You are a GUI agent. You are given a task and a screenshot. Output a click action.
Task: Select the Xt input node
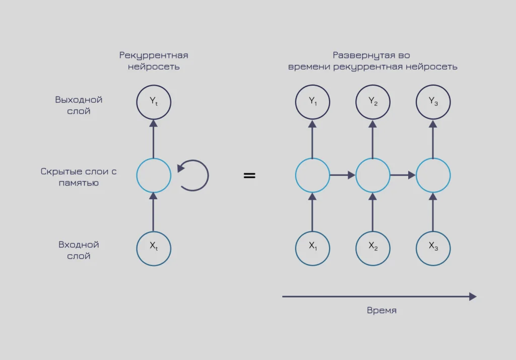coord(154,248)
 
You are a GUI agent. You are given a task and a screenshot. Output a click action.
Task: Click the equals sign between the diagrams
coord(249,175)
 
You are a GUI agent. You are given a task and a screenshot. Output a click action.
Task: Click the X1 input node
coord(312,248)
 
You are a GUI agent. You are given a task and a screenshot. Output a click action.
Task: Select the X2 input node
coord(373,248)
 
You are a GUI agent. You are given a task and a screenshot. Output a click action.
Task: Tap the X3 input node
coord(433,248)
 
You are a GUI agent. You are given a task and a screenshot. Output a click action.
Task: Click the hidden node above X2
coord(373,175)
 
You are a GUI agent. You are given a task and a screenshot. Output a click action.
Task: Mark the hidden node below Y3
coord(433,175)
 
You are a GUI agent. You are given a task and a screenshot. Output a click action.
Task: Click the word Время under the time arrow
coord(381,311)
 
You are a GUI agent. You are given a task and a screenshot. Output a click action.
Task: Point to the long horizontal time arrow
coord(378,296)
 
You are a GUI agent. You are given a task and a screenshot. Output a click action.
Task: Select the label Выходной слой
coord(79,105)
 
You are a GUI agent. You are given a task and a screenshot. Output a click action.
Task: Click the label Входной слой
coord(79,250)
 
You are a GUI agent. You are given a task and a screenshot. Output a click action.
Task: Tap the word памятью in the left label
coord(79,183)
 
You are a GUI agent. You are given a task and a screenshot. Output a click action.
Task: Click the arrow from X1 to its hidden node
coord(312,212)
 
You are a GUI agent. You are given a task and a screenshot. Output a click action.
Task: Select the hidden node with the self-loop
coord(154,175)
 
